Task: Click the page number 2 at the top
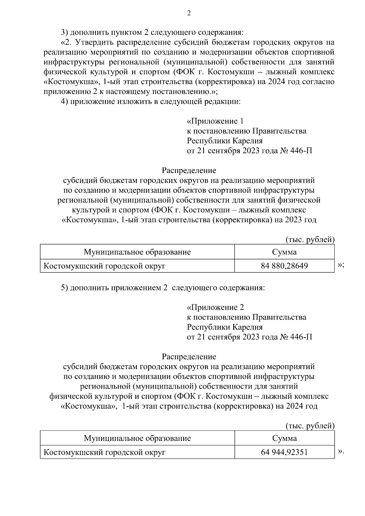189,13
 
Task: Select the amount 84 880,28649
284,266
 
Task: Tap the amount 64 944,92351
284,452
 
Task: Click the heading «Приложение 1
215,121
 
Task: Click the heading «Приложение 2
215,307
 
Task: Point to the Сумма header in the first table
284,252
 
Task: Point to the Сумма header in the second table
284,438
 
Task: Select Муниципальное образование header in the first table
137,252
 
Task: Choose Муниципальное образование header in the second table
137,438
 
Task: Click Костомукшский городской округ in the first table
105,266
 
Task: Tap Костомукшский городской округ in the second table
105,452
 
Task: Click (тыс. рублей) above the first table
310,240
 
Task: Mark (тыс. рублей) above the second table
310,426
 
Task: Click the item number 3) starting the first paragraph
64,32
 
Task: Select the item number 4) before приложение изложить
64,102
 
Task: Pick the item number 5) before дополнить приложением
64,288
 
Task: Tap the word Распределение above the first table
189,170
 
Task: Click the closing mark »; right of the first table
341,265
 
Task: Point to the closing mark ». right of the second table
341,452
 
